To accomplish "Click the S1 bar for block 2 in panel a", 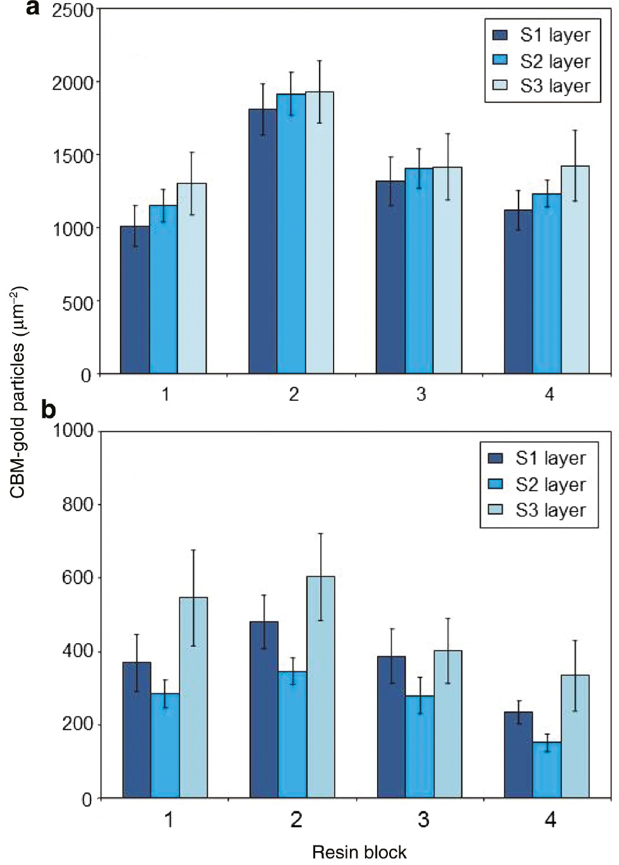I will pos(262,241).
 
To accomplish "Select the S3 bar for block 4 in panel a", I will pos(575,269).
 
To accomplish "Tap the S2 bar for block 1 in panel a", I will pos(164,289).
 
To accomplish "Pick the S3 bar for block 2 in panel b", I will pos(321,687).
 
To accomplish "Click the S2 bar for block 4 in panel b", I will pos(546,770).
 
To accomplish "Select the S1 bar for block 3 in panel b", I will pos(391,727).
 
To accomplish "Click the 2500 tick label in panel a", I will pos(73,10).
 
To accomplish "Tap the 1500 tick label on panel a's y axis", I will pos(73,156).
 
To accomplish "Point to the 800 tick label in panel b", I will pos(78,505).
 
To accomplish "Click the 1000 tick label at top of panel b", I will pos(73,431).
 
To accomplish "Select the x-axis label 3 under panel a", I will pos(421,395).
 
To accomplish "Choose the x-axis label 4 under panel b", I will pos(550,820).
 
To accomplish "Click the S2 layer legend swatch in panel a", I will pos(500,60).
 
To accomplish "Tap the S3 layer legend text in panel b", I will pos(550,510).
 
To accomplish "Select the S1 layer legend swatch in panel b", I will pos(496,458).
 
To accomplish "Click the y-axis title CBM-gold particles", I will pos(18,392).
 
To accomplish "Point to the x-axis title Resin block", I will pos(359,852).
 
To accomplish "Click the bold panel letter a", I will pos(33,8).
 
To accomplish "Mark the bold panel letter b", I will pos(49,410).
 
